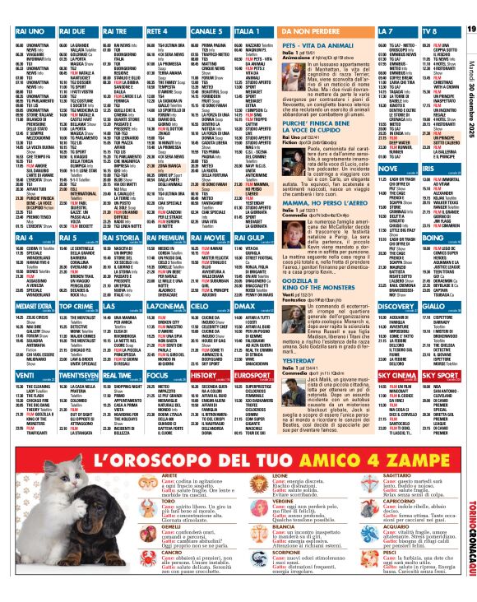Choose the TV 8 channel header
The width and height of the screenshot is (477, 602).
coord(428,30)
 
